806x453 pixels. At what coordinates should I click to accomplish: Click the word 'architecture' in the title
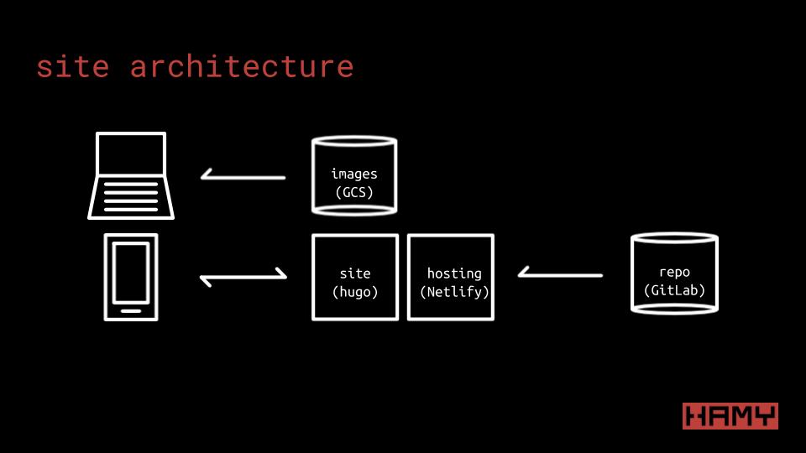tap(242, 67)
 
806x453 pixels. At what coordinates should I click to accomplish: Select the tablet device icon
tap(131, 277)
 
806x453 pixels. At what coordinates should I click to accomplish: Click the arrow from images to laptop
tap(243, 176)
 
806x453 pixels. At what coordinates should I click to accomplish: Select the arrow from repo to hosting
tap(560, 273)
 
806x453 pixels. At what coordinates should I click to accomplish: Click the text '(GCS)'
tap(353, 192)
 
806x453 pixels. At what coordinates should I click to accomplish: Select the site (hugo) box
tap(355, 277)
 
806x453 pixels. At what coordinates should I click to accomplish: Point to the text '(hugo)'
tap(355, 292)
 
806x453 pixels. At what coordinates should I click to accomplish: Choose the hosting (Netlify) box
tap(451, 277)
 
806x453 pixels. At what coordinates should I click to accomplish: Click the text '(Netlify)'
tap(454, 292)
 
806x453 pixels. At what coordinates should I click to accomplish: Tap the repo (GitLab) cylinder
tap(674, 274)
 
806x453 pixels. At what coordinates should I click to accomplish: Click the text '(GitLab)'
tap(674, 290)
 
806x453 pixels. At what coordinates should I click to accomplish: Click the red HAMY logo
tap(730, 416)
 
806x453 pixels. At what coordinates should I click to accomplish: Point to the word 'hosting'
tap(454, 273)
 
